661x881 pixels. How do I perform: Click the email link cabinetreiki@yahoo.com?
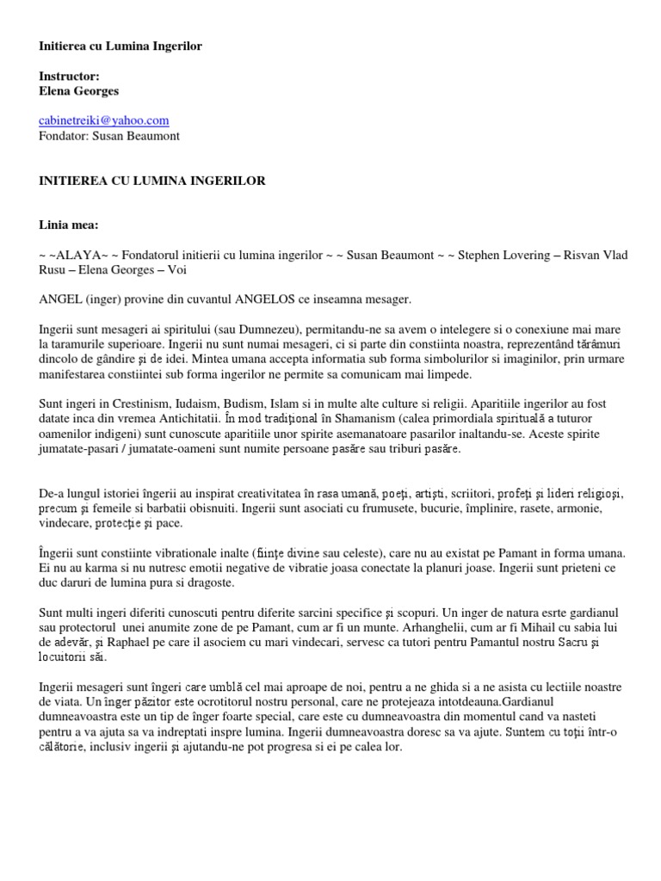pyautogui.click(x=103, y=120)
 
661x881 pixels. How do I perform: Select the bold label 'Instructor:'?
pyautogui.click(x=69, y=76)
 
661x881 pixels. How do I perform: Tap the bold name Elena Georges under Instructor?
pyautogui.click(x=80, y=90)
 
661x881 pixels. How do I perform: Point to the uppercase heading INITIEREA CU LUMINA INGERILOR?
pyautogui.click(x=152, y=181)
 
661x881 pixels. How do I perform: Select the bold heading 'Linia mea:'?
pyautogui.click(x=69, y=225)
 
